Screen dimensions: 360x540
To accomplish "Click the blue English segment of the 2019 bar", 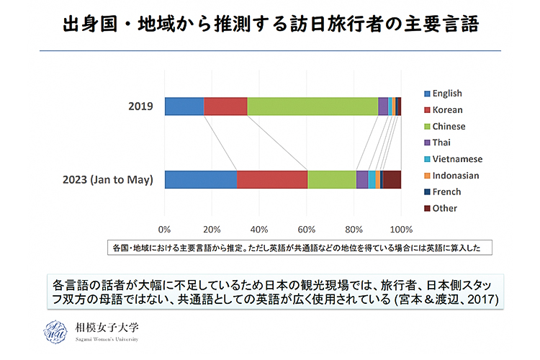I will (184, 106).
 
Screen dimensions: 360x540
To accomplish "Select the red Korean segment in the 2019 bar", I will (225, 106).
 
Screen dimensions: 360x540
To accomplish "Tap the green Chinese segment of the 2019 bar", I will (312, 106).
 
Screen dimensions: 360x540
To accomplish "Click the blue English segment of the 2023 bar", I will (201, 179).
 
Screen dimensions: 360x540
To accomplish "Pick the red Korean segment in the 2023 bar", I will (272, 179).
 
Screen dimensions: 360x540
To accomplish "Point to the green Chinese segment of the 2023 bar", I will (332, 179).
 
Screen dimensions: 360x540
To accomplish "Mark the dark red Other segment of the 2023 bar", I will (392, 179).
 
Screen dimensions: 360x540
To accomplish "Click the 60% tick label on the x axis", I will (306, 230).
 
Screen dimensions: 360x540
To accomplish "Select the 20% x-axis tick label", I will (212, 230).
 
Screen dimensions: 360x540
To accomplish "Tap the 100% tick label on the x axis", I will (400, 230).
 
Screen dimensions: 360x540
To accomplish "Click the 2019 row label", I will (140, 107).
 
